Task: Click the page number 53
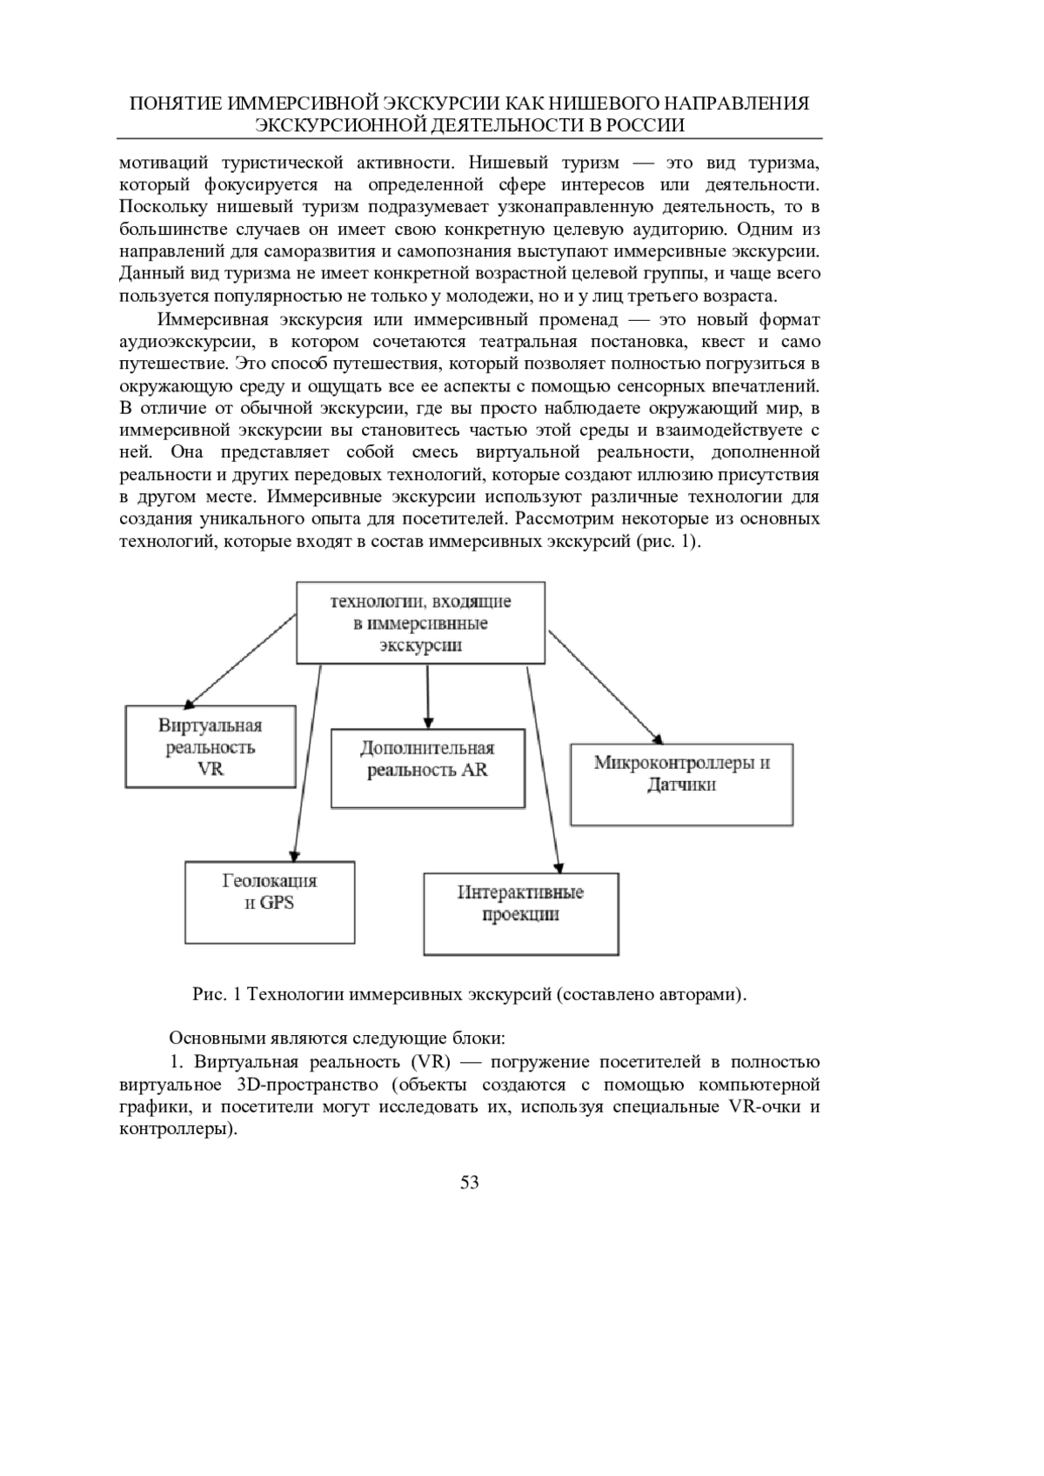click(x=470, y=1182)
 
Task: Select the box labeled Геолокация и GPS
click(x=270, y=902)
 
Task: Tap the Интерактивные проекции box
click(x=520, y=913)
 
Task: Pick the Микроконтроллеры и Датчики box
click(x=681, y=784)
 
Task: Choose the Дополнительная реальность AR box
click(x=427, y=769)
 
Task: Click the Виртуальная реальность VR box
click(x=210, y=746)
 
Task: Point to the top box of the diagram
click(x=421, y=623)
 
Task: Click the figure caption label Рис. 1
click(x=217, y=994)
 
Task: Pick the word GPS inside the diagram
click(x=277, y=903)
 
